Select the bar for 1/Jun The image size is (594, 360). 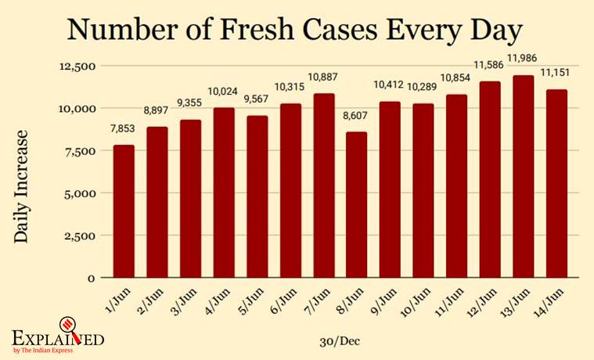(124, 211)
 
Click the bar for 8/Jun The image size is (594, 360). (356, 204)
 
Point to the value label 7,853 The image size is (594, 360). (124, 130)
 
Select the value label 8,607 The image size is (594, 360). (356, 116)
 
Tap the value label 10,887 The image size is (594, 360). (323, 77)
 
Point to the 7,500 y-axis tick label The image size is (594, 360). (80, 150)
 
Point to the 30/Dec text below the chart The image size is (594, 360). (340, 341)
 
